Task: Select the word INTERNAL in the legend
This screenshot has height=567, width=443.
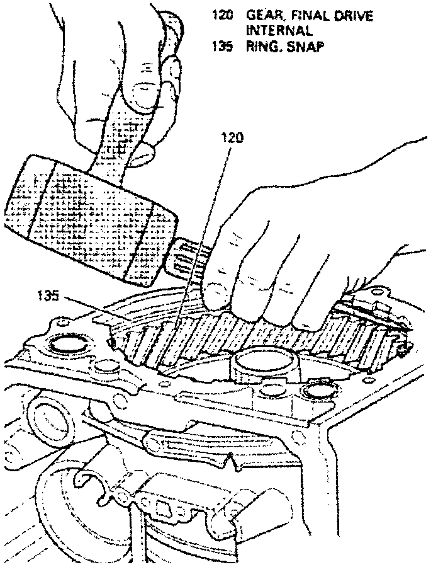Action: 274,30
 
